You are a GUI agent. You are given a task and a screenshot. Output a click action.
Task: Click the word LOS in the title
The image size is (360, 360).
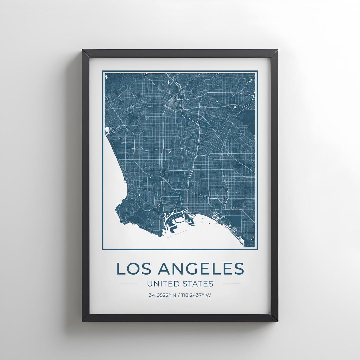(133, 269)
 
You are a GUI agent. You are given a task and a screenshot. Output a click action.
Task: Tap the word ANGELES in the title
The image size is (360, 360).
(201, 269)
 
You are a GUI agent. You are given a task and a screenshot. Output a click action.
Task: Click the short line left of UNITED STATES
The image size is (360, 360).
(129, 284)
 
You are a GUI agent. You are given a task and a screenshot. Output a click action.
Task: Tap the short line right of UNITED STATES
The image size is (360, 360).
(231, 284)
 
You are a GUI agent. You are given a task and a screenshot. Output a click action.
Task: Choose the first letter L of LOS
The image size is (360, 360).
(120, 269)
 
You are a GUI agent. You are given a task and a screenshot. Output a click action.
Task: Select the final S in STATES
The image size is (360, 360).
(210, 284)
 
